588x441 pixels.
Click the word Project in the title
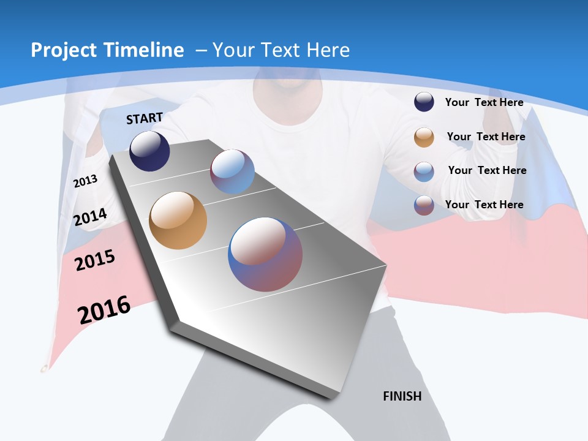(x=61, y=50)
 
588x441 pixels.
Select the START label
(x=145, y=118)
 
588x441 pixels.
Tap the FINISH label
(x=402, y=396)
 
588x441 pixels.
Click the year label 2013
(x=86, y=181)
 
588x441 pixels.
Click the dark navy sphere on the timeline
(x=149, y=151)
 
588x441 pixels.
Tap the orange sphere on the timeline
(x=178, y=221)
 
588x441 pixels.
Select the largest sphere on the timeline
(x=265, y=255)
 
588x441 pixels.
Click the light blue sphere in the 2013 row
(x=232, y=171)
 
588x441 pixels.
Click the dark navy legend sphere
(x=424, y=102)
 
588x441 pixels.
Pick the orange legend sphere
(x=424, y=137)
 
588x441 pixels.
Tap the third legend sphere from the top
(x=424, y=171)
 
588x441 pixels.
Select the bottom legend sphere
(x=424, y=205)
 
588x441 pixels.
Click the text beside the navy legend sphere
(x=484, y=102)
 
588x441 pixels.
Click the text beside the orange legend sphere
(x=486, y=137)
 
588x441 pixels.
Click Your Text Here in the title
(x=281, y=50)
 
